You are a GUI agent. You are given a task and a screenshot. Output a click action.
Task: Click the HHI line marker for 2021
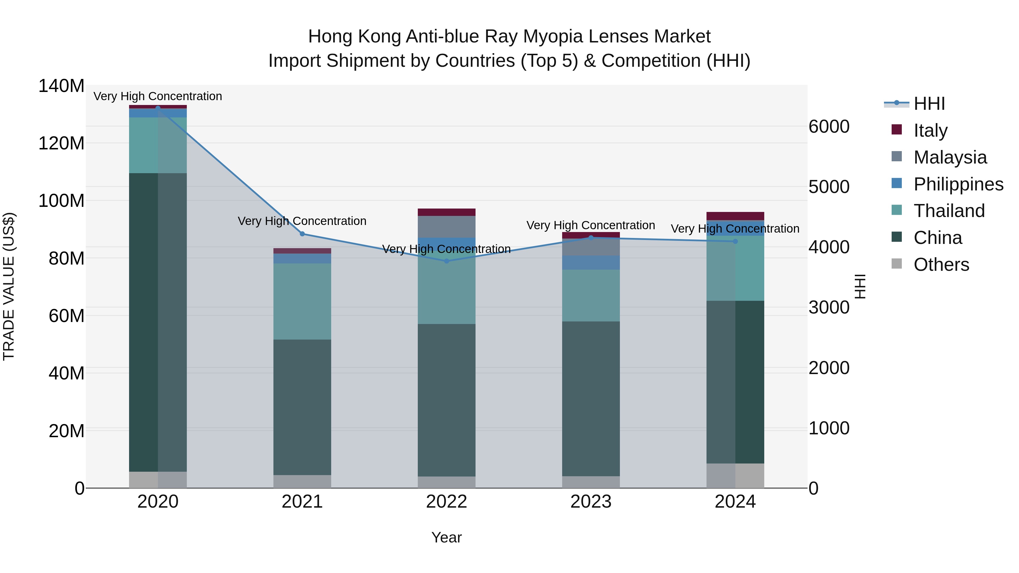(x=302, y=234)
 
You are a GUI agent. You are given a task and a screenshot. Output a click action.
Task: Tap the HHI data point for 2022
(x=447, y=261)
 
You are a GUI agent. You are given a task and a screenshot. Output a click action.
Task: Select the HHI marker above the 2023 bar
(x=591, y=238)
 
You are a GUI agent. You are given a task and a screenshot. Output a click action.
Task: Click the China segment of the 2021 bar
(x=302, y=407)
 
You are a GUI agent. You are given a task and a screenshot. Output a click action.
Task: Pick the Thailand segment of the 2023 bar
(x=591, y=295)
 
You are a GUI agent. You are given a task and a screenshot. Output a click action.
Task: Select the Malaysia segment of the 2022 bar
(x=447, y=227)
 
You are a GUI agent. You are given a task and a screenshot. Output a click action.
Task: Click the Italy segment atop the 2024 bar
(x=735, y=216)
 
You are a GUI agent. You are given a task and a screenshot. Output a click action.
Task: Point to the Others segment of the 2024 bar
(x=735, y=476)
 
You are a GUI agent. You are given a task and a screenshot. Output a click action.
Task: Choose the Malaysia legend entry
(x=950, y=157)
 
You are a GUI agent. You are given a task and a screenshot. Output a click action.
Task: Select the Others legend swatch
(x=897, y=264)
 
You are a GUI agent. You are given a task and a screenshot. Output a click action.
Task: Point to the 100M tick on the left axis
(x=61, y=201)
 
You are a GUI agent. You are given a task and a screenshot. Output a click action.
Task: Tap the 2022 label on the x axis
(x=447, y=502)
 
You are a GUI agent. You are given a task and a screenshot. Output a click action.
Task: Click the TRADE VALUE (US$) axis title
(x=9, y=286)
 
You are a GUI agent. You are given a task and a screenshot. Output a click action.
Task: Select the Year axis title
(x=447, y=537)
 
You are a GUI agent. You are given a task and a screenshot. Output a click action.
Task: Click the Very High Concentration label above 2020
(x=158, y=96)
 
